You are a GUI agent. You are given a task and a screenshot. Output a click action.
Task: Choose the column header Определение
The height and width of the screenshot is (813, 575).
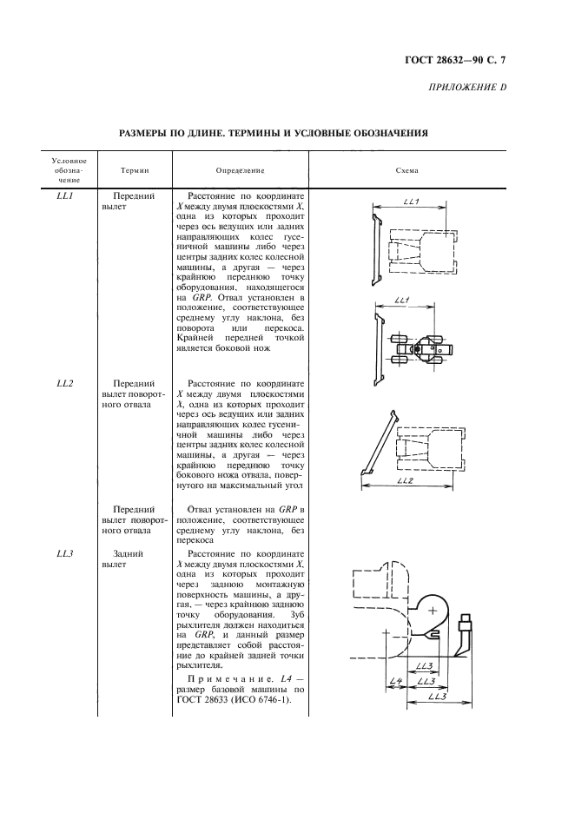click(240, 171)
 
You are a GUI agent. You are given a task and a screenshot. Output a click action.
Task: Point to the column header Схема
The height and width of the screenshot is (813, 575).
click(406, 171)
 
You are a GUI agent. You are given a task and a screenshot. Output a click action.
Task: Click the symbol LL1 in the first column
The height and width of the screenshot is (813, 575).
click(64, 197)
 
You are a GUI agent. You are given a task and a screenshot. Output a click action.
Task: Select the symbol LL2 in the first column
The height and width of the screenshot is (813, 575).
click(64, 383)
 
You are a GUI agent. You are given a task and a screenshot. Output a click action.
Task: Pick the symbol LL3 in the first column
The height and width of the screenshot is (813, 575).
click(64, 552)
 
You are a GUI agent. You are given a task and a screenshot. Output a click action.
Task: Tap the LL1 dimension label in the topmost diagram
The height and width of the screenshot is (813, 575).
click(412, 203)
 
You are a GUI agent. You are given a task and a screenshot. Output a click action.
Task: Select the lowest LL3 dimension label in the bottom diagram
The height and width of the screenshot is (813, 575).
click(437, 697)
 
